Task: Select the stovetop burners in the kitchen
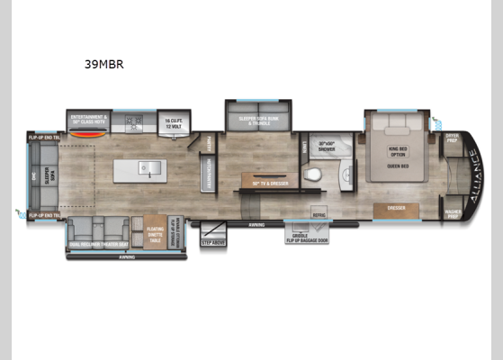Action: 137,120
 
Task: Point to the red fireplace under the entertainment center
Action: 86,138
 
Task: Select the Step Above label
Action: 212,242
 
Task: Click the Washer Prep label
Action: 452,216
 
